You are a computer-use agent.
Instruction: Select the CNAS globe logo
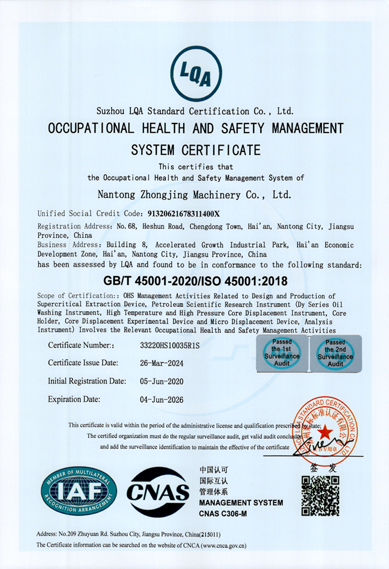(158, 491)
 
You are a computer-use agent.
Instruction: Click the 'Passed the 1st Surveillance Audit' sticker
(282, 353)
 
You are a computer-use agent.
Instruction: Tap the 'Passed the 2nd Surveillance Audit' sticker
(335, 353)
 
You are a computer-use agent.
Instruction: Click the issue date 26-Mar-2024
(162, 363)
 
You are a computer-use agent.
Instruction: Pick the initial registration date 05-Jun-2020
(162, 381)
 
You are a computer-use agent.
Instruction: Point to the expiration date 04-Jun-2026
(162, 399)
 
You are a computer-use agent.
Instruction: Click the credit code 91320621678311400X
(182, 214)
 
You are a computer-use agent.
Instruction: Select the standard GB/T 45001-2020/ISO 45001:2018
(194, 281)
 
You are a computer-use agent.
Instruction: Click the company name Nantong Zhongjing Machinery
(194, 195)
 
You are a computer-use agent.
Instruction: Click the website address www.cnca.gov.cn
(225, 545)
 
